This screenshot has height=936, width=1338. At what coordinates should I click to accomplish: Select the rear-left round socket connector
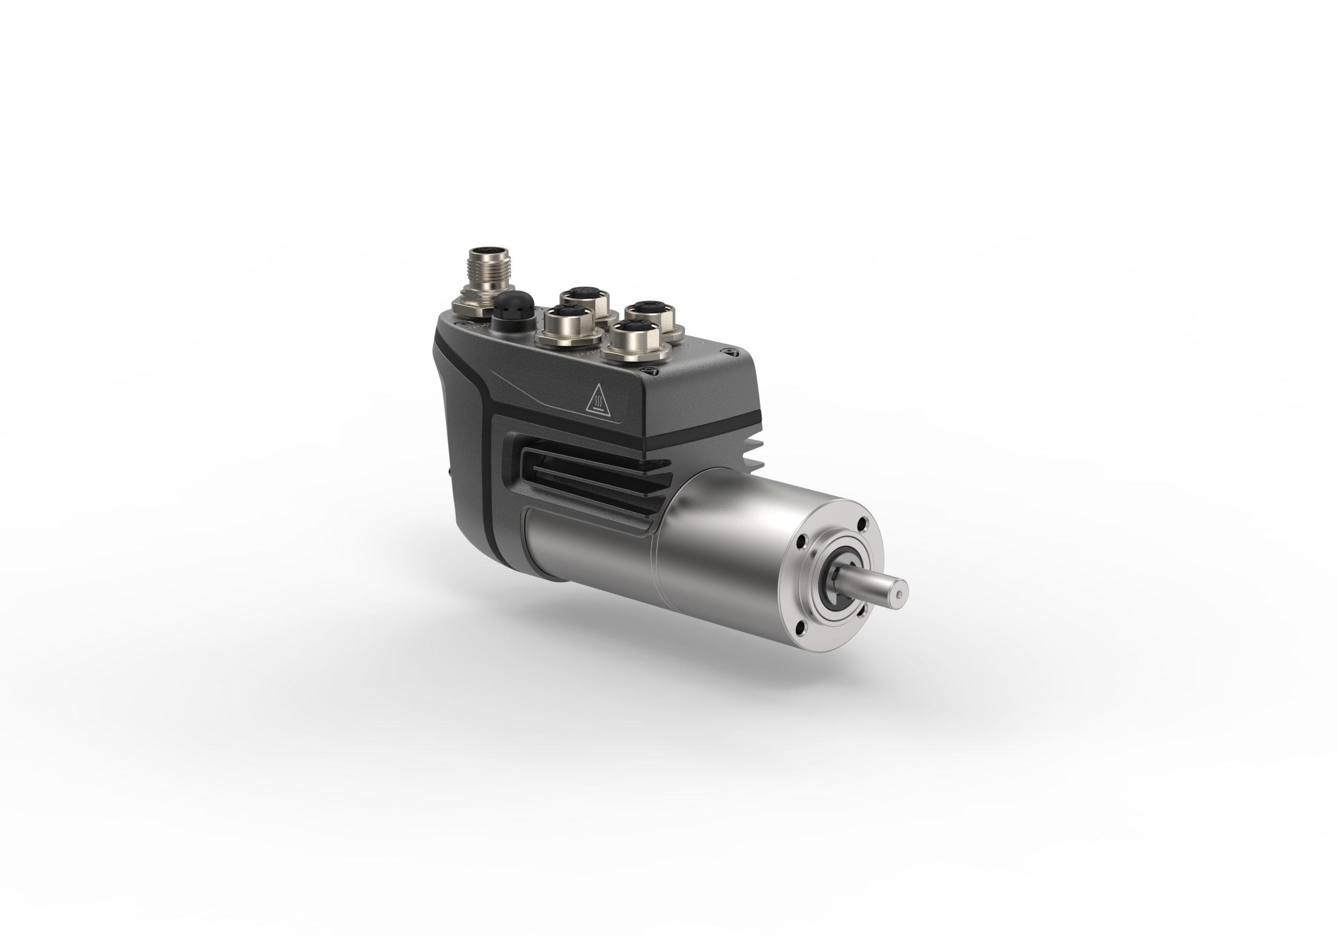[584, 299]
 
